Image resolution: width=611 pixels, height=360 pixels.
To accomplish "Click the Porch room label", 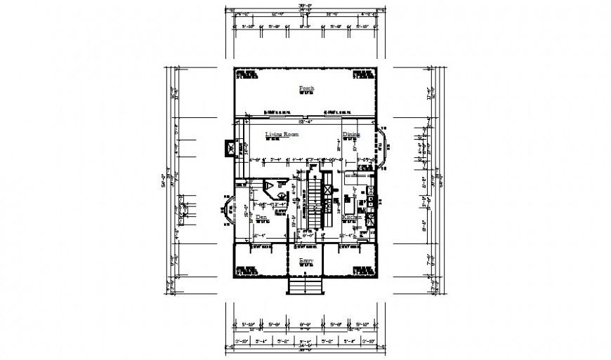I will [305, 88].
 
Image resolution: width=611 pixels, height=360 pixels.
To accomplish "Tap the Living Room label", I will [282, 133].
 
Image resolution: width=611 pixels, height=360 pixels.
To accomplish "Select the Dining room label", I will [351, 134].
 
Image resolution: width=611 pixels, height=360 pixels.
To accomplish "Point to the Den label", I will [261, 218].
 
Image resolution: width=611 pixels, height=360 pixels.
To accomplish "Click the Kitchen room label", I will [352, 218].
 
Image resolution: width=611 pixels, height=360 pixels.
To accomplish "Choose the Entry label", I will [305, 261].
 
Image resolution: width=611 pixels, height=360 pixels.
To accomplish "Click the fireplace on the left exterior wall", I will [228, 149].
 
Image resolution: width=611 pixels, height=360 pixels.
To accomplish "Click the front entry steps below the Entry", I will [305, 286].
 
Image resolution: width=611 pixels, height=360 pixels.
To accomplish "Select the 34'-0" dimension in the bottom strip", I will [305, 345].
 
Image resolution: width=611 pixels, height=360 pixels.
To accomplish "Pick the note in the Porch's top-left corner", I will [246, 74].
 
